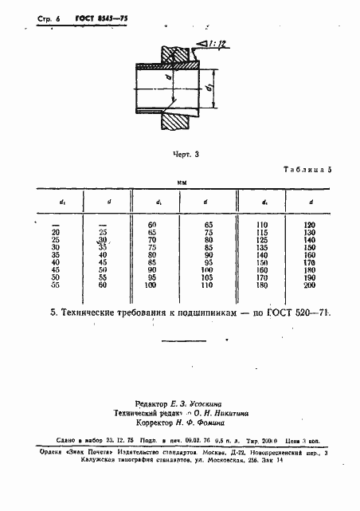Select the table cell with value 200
click(x=310, y=284)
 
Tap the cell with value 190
click(x=310, y=277)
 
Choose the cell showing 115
click(x=261, y=233)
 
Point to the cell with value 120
click(x=310, y=226)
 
